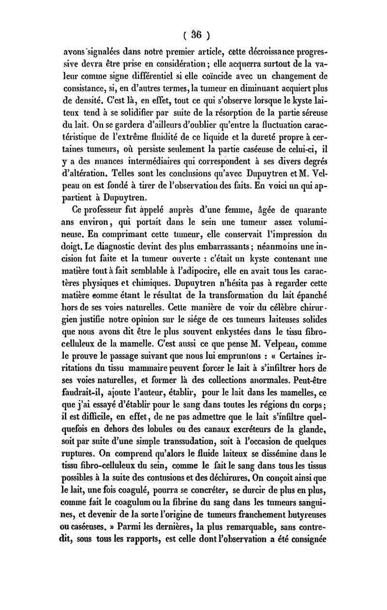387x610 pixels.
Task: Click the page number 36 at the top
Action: point(195,35)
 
